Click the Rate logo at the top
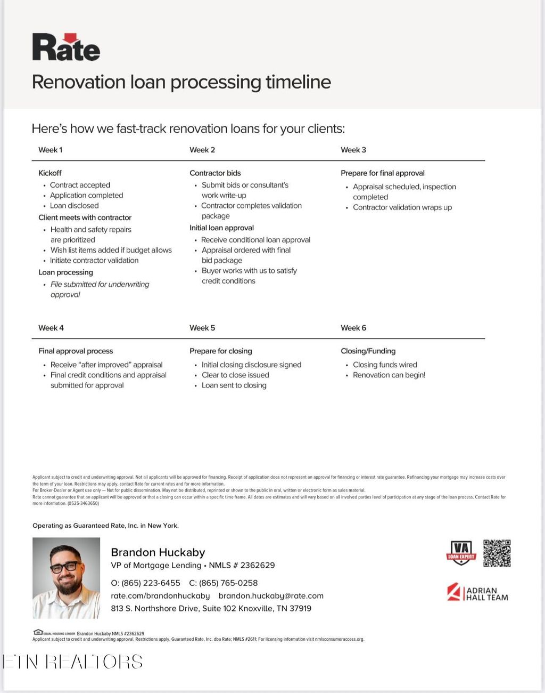point(66,47)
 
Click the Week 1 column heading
point(50,150)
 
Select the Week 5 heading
point(202,328)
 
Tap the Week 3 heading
point(353,150)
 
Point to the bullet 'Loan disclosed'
point(74,206)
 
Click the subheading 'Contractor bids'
point(215,173)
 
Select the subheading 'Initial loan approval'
point(221,228)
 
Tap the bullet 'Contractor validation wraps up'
point(402,207)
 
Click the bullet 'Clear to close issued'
point(235,375)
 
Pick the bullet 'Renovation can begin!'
point(389,375)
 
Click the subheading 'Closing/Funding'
point(368,351)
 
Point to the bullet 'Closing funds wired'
point(385,365)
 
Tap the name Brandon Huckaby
point(158,552)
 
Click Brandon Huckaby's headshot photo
point(66,578)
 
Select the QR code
point(497,553)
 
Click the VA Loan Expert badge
point(461,553)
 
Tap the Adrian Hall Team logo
point(477,593)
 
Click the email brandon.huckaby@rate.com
point(271,596)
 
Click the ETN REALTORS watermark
point(73,662)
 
